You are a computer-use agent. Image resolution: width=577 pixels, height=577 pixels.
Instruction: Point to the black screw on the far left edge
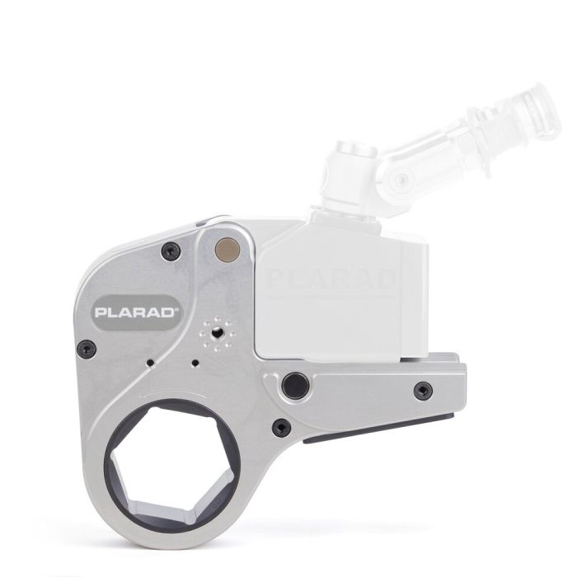click(82, 349)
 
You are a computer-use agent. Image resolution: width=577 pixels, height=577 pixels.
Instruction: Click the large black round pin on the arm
click(293, 384)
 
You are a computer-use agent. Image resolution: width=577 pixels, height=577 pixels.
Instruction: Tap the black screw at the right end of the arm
click(423, 388)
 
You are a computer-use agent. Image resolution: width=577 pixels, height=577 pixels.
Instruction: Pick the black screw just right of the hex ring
click(280, 427)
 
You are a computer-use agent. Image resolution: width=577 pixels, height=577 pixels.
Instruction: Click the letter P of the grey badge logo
click(101, 313)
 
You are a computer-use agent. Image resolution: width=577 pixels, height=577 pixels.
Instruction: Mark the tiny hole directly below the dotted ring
click(194, 363)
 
